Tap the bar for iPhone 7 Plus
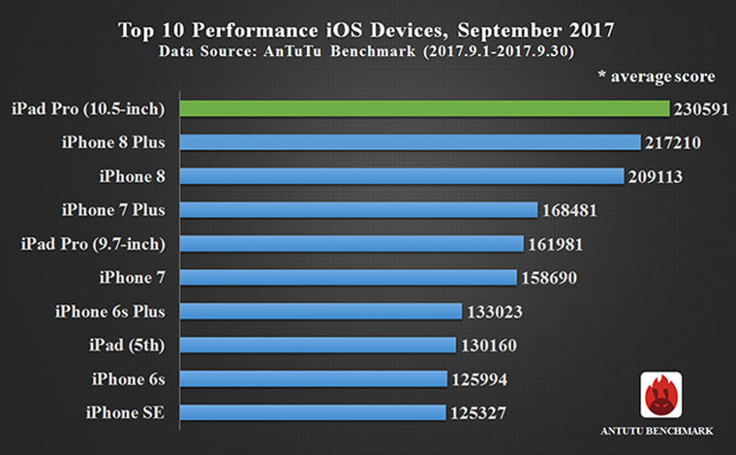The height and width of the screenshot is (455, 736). click(x=357, y=210)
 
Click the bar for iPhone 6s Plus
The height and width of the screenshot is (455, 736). click(x=320, y=311)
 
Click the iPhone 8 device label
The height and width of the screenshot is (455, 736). click(x=133, y=176)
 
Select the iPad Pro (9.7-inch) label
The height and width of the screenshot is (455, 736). click(x=93, y=244)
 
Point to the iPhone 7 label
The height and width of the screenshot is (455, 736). click(x=133, y=278)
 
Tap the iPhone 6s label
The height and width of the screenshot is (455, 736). click(x=129, y=379)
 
